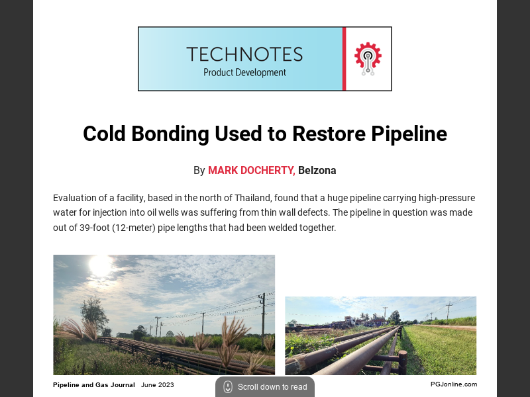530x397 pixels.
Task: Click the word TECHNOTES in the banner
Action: pyautogui.click(x=244, y=54)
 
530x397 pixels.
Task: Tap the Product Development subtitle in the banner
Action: pyautogui.click(x=244, y=73)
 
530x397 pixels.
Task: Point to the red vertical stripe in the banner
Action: pyautogui.click(x=344, y=59)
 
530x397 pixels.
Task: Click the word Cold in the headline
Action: pyautogui.click(x=104, y=134)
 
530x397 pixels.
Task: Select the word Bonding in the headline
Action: pyautogui.click(x=170, y=134)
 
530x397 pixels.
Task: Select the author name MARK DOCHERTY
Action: pyautogui.click(x=251, y=171)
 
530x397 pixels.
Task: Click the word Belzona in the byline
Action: pyautogui.click(x=317, y=171)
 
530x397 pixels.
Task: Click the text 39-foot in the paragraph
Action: pyautogui.click(x=99, y=228)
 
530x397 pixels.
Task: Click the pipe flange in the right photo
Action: pyautogui.click(x=401, y=361)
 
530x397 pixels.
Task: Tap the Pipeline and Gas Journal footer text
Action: pyautogui.click(x=94, y=384)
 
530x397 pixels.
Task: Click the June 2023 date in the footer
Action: pyautogui.click(x=158, y=384)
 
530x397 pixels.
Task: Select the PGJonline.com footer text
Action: pyautogui.click(x=453, y=384)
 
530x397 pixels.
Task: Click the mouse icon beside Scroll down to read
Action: pyautogui.click(x=228, y=387)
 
